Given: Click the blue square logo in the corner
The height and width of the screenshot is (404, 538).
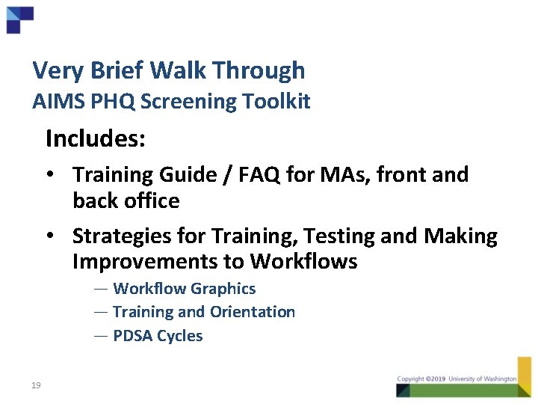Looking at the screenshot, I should [x=19, y=19].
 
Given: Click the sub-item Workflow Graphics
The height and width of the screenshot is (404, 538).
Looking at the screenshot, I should [x=184, y=289].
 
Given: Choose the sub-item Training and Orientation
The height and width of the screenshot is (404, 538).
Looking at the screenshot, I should [x=203, y=312].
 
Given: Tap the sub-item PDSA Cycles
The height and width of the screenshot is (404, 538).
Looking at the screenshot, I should [x=158, y=336].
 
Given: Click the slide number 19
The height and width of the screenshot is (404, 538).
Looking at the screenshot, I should [x=36, y=385].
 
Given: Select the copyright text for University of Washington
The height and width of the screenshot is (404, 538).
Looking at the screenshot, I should [x=457, y=379].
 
